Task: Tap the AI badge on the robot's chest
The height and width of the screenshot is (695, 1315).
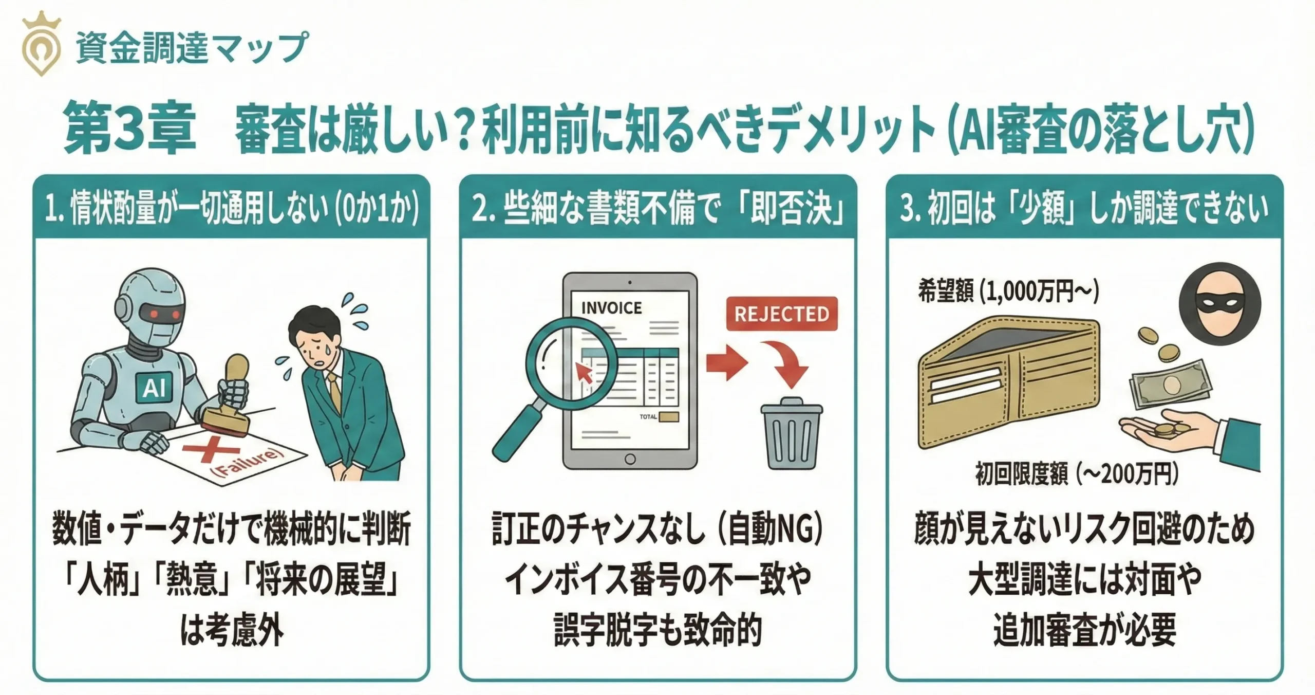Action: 154,387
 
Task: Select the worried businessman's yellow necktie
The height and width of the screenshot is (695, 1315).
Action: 334,391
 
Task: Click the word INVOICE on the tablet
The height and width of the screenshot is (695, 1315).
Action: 611,308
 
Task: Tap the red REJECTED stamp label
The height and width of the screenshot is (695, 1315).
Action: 781,314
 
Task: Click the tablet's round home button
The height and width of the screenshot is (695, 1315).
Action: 630,459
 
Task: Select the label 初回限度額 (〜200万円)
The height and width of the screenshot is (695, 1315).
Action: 1077,474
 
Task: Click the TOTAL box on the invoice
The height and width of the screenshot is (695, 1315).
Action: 668,417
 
